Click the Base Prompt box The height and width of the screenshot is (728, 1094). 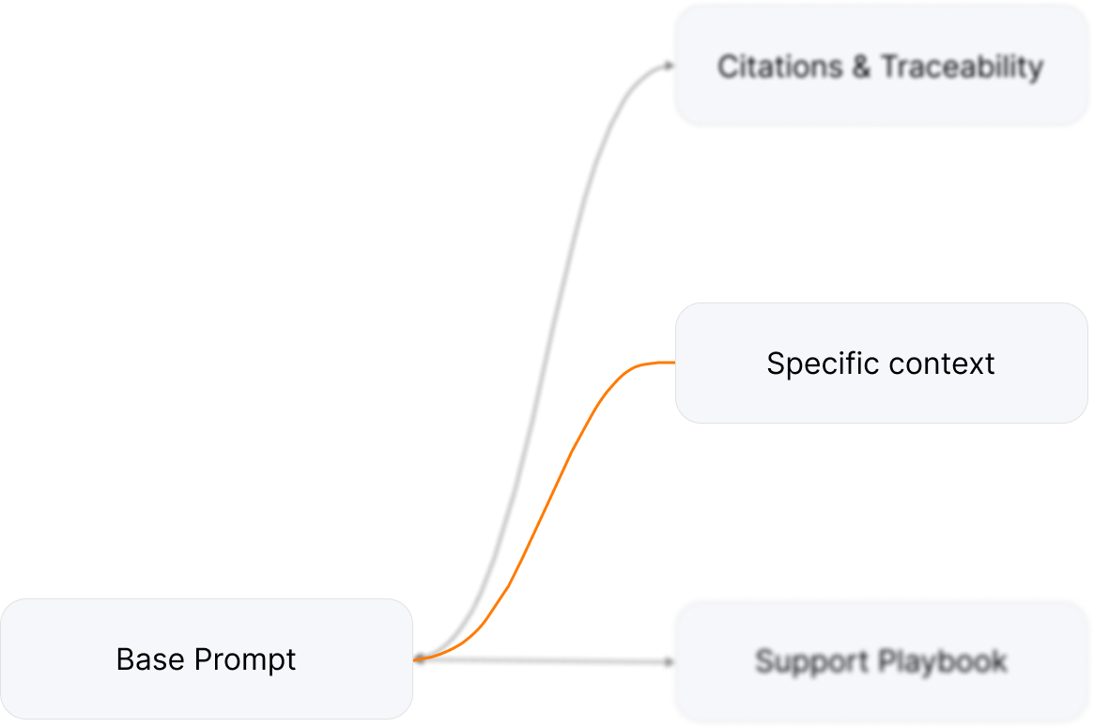206,658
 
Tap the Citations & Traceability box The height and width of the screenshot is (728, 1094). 881,65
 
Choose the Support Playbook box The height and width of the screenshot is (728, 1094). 881,660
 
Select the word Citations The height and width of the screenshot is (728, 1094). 780,67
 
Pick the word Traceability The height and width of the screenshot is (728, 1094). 962,67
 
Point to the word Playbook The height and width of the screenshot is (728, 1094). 943,661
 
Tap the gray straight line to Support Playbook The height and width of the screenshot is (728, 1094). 545,661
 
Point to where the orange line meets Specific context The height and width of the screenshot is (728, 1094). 673,363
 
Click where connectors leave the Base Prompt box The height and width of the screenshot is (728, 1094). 416,658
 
